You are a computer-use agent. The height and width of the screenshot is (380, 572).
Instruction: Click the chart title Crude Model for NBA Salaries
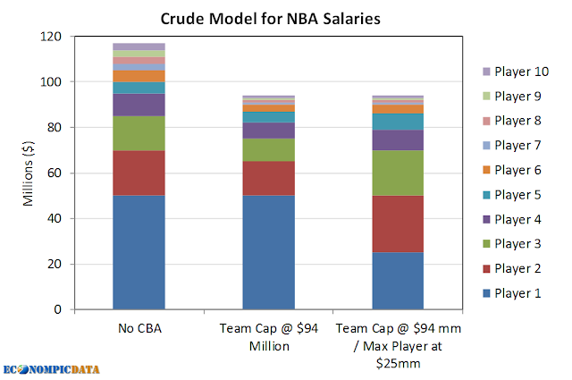click(x=285, y=17)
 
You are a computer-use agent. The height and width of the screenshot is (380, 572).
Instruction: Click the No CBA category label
click(x=139, y=326)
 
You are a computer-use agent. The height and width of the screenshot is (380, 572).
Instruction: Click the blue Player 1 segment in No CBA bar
click(x=139, y=252)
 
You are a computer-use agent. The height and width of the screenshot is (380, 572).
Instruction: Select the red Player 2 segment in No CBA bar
click(x=139, y=173)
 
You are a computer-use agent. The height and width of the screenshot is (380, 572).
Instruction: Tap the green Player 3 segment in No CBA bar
click(x=139, y=133)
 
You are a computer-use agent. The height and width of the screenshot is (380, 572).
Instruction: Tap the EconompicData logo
click(x=51, y=367)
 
